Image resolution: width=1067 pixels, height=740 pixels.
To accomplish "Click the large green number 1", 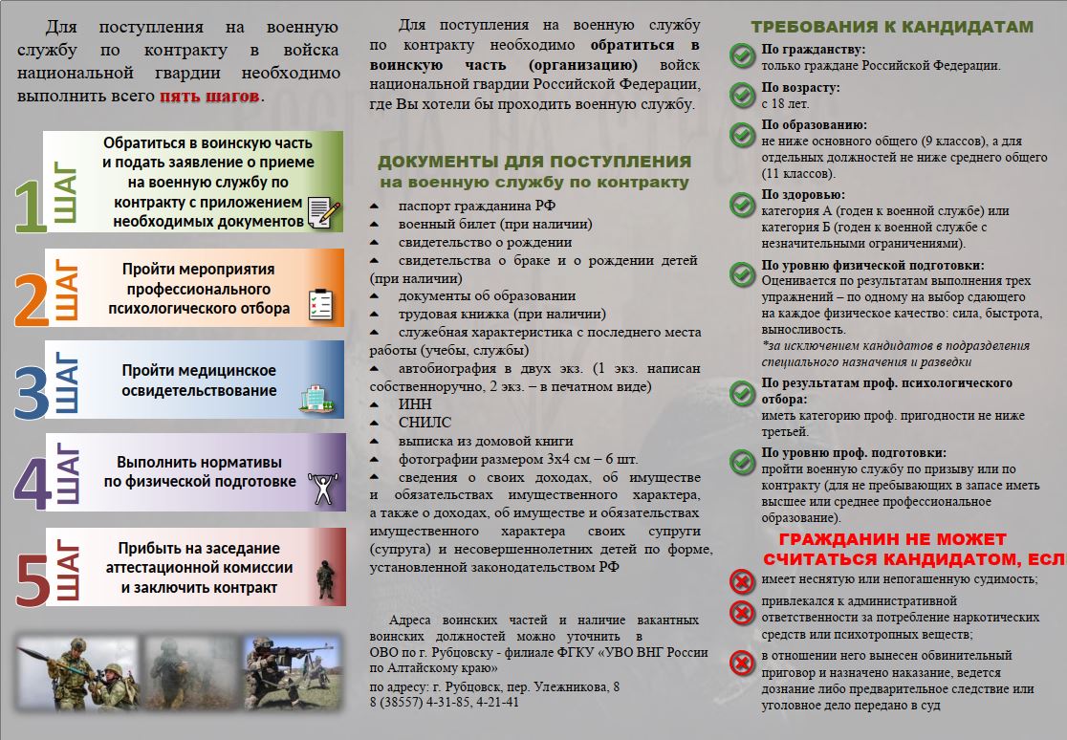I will (31, 205).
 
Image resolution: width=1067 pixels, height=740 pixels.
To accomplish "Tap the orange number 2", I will (31, 298).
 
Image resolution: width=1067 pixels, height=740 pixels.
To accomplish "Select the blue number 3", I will (31, 390).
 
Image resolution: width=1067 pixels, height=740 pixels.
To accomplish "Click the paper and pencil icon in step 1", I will (323, 211).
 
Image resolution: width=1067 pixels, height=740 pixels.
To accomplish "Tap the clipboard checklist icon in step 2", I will (320, 304).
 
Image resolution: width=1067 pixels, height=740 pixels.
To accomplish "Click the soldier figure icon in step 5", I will (325, 577).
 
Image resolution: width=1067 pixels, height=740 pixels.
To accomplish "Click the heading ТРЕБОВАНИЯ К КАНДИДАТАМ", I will (892, 27).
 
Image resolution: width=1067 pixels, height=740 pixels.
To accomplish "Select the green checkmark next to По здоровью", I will (742, 203).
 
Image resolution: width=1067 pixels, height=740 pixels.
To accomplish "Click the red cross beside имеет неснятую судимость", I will (742, 580).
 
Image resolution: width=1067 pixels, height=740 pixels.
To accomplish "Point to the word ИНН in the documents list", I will (415, 404).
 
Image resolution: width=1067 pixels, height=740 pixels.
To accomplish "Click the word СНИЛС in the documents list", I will (425, 423).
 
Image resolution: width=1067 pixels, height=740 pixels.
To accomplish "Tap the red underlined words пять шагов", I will (209, 97).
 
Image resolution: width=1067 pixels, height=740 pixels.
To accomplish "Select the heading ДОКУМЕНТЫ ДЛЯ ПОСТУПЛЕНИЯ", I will (533, 162).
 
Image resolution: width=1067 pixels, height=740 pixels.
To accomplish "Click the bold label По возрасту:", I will (800, 87).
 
